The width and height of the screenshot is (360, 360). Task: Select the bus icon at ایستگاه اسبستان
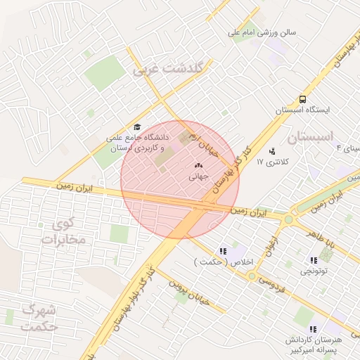point(302,99)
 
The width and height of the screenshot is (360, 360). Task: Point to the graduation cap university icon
point(136,127)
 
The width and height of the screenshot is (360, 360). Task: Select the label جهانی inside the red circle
point(197,178)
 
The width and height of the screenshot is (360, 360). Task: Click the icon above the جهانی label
point(197,166)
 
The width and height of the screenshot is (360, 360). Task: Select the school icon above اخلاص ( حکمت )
point(223,251)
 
